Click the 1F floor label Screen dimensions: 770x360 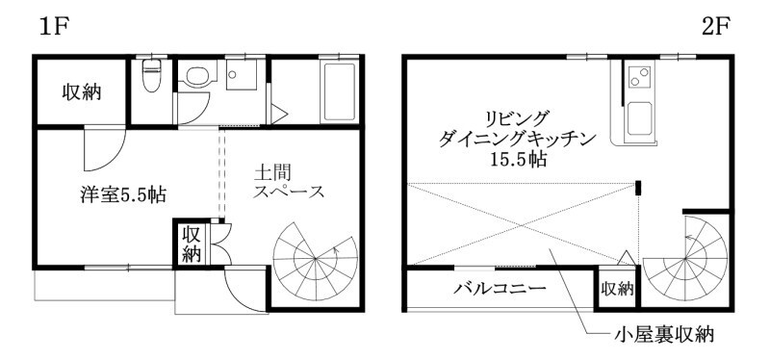coord(55,26)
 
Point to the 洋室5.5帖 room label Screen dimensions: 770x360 coord(123,193)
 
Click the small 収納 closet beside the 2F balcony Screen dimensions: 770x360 coord(617,288)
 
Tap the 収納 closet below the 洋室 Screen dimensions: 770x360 coord(191,244)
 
